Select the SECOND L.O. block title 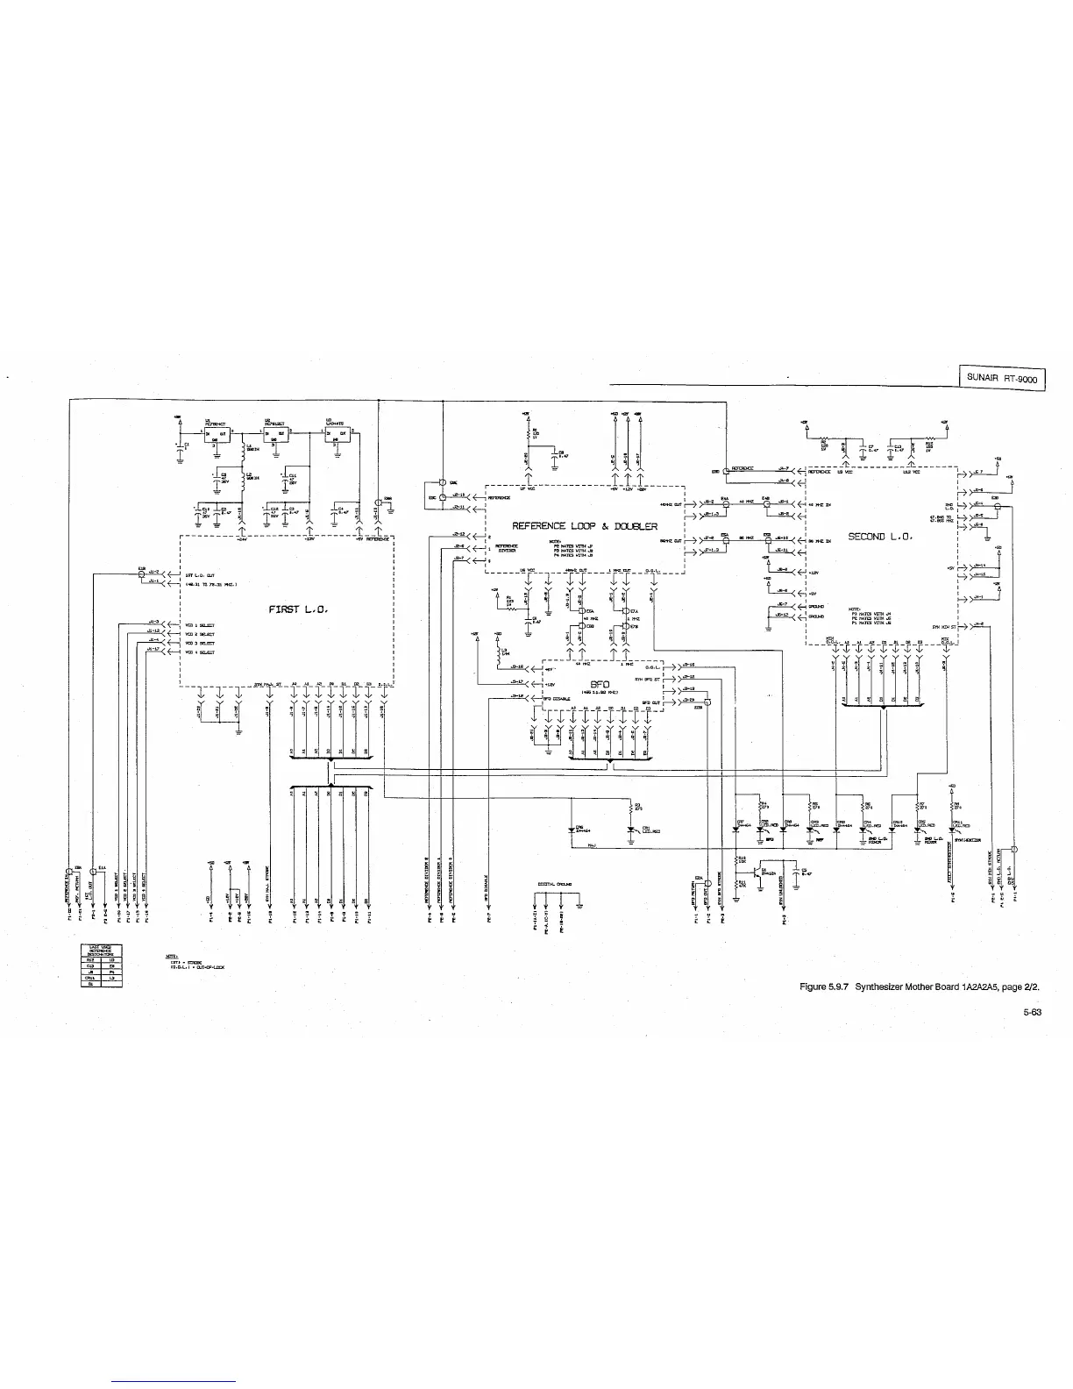(880, 537)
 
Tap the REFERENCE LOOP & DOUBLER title (585, 526)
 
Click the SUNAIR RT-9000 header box (1001, 380)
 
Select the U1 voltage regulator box (216, 435)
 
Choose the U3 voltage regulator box (338, 435)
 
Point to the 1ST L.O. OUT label (203, 576)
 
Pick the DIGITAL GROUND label (557, 884)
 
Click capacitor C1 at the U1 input (181, 447)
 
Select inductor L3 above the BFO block (501, 652)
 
